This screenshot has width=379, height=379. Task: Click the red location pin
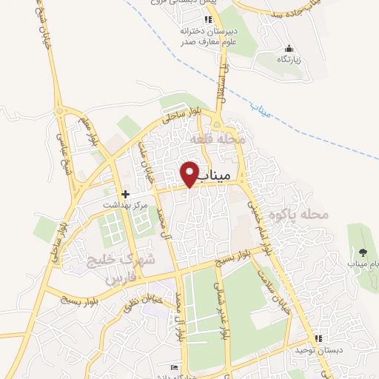(190, 174)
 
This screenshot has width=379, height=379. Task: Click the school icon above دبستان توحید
(318, 338)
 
